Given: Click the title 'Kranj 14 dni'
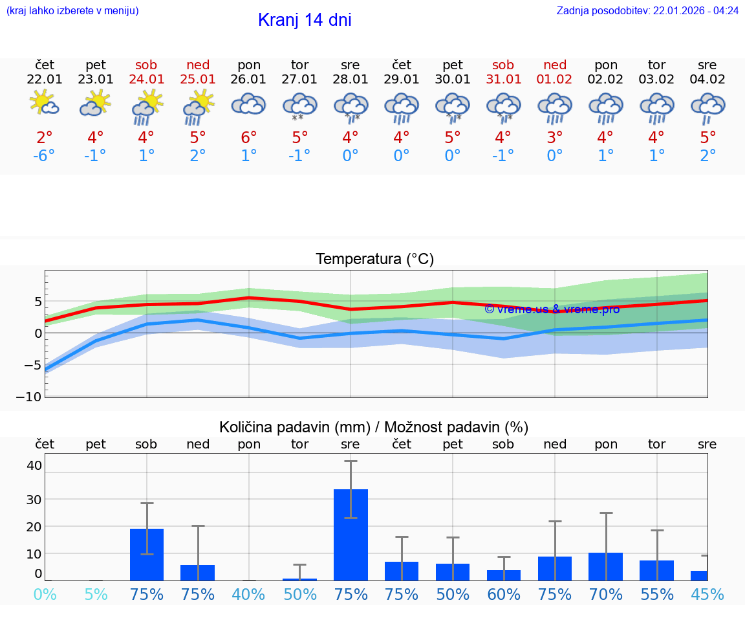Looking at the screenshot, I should pos(305,20).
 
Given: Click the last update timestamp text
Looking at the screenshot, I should pos(647,10).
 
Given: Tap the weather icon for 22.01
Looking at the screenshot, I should pos(44,104).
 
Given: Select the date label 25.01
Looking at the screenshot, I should pos(198,80).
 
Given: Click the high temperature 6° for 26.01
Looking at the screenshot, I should pos(249,138).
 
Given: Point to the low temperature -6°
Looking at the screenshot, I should pos(44,156).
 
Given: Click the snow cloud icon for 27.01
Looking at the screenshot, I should pos(299,106).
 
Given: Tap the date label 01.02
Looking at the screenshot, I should pos(555,80).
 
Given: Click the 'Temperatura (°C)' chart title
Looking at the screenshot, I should pos(374,260).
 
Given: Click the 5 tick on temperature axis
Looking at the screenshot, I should pos(38,302).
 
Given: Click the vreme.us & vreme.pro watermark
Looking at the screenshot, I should pos(552,309).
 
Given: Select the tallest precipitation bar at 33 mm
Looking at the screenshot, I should pos(351,534).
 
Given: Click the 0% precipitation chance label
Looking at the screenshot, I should pos(44,595).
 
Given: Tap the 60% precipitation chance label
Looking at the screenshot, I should pos(504,595).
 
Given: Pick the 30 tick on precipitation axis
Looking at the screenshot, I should pos(34,499).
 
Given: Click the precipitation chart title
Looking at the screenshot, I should pos(374,427).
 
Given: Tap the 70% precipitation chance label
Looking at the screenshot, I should pos(606,595).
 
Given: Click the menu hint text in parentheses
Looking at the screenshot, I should pos(72,10).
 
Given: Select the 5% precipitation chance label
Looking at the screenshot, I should pos(96,595).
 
